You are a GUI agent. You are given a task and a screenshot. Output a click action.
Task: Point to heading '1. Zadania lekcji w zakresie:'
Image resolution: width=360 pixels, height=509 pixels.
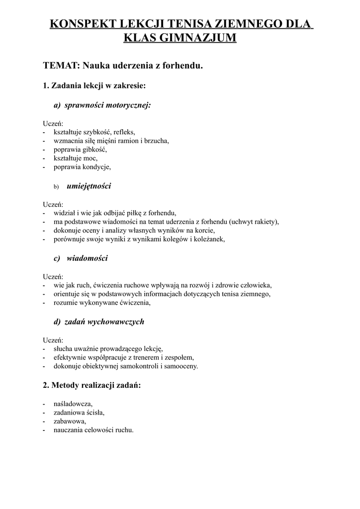[x=94, y=85]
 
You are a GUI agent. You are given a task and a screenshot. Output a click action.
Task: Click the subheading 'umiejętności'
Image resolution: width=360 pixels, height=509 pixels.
[x=89, y=186]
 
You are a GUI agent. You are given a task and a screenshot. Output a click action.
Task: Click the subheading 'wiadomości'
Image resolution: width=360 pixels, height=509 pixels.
[x=87, y=258]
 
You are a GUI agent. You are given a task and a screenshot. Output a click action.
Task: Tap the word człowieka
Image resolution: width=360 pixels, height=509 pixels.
[x=254, y=285]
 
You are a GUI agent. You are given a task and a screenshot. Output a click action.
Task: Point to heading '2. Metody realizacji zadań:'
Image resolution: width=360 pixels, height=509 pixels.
[x=92, y=385]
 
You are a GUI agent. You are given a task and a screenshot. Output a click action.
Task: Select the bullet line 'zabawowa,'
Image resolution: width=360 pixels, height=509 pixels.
[x=70, y=421]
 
